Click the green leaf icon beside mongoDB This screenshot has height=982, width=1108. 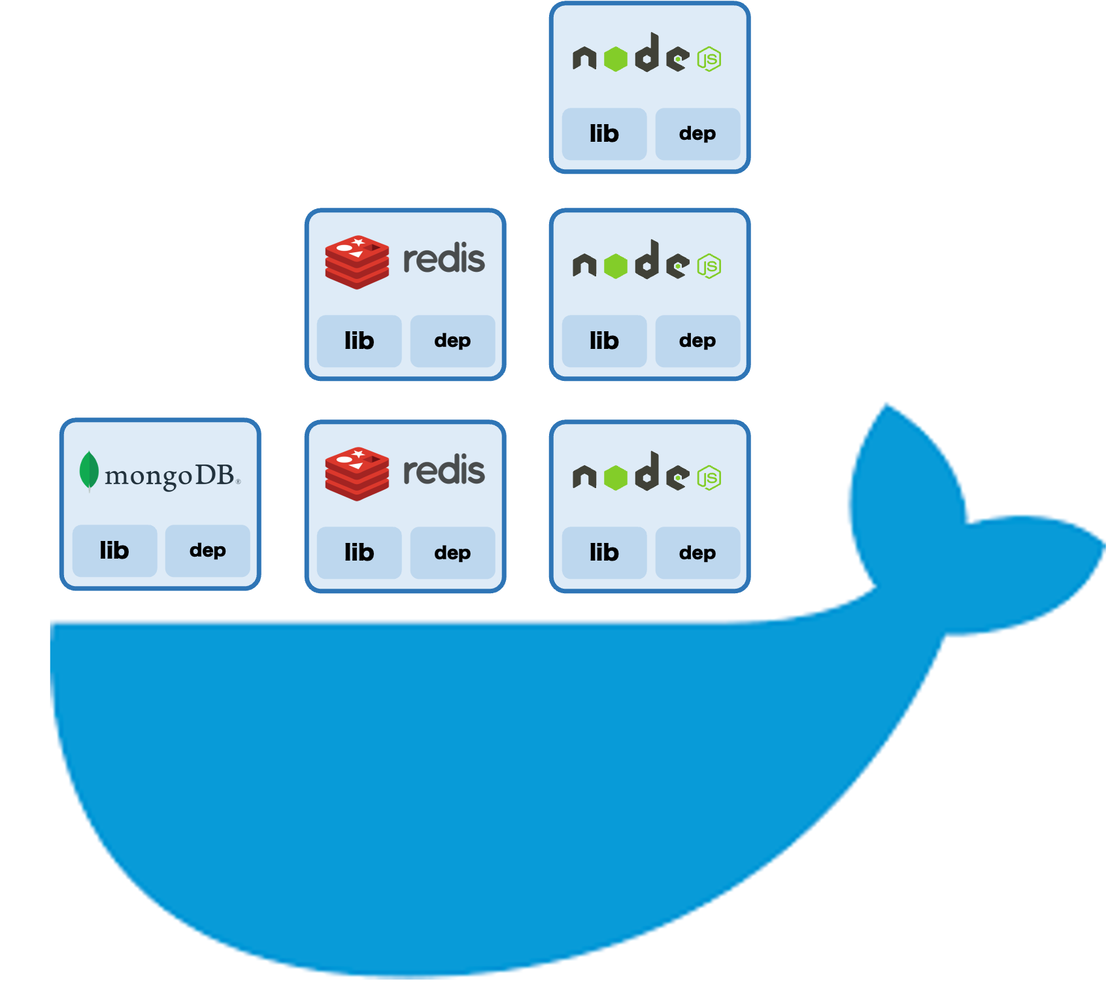[x=89, y=470]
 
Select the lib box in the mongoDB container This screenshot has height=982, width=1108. [x=114, y=551]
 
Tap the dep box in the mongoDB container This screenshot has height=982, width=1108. [x=208, y=551]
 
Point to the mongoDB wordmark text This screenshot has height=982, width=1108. [x=170, y=476]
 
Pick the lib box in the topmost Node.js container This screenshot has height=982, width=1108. [x=604, y=134]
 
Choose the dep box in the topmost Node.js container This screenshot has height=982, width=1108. [x=697, y=134]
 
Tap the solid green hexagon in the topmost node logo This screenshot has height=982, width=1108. [x=616, y=59]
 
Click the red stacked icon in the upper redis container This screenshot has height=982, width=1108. [x=357, y=262]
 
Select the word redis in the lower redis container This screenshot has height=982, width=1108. [x=444, y=470]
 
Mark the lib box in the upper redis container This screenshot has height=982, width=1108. [x=359, y=341]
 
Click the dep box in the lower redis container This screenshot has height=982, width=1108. [x=452, y=553]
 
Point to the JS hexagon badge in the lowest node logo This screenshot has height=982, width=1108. [x=709, y=478]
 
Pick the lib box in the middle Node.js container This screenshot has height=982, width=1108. [x=604, y=341]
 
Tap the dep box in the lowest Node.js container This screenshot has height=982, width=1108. [x=697, y=553]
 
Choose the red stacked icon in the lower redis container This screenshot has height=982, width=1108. [x=357, y=474]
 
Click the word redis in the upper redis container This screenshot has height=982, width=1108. [x=444, y=259]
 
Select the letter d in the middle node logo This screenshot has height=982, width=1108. [x=647, y=259]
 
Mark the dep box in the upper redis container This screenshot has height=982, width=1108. [x=452, y=341]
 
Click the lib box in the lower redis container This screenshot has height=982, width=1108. [x=359, y=553]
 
